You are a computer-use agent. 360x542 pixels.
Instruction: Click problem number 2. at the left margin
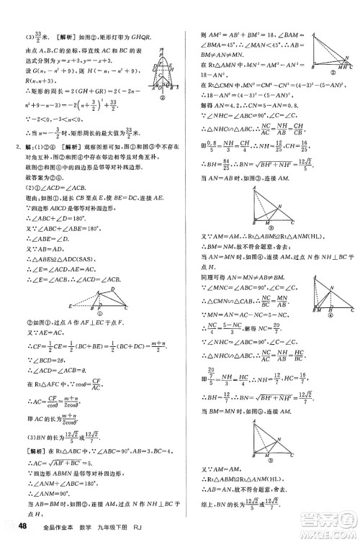pos(16,148)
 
